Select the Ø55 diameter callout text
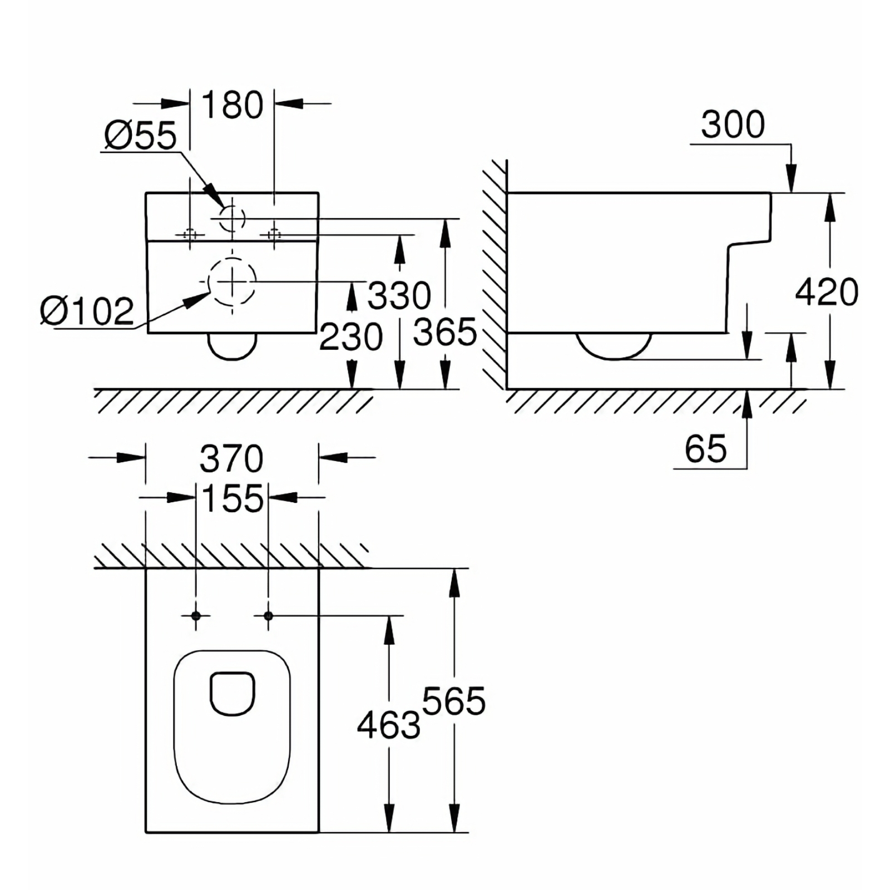pos(140,135)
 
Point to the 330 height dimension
pos(399,295)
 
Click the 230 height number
pos(351,337)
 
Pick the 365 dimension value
pos(445,332)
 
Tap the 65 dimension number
pos(706,448)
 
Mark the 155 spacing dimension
pos(232,498)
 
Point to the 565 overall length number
pos(454,701)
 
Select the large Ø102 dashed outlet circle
pos(208,281)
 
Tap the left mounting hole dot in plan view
pos(196,616)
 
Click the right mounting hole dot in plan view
pos(268,616)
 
